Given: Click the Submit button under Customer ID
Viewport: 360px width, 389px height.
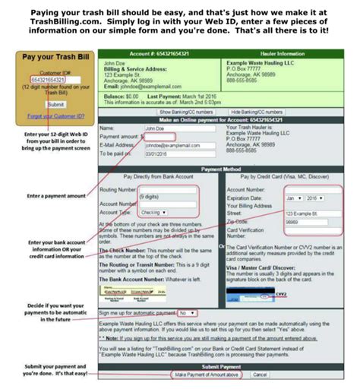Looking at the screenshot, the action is click(x=55, y=103).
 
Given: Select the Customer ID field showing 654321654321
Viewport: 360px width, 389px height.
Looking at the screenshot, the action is click(x=48, y=79).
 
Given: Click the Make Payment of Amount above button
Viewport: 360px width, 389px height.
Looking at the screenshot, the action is click(x=207, y=375).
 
